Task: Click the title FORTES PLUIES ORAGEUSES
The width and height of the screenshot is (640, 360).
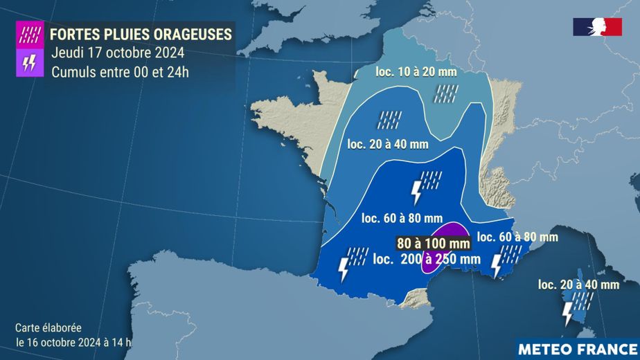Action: coord(141,33)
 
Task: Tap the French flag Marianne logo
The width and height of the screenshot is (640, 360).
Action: coord(597,27)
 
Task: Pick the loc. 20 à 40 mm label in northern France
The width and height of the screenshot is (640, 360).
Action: coord(388,144)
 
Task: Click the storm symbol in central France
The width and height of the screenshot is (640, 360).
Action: coord(426,185)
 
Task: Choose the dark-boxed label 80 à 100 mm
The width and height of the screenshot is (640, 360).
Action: coord(434,243)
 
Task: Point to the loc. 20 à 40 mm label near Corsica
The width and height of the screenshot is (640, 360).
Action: coord(578,284)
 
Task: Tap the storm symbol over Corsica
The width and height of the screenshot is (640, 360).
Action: coord(574,307)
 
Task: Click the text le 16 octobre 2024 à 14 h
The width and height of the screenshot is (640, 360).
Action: coord(73,341)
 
